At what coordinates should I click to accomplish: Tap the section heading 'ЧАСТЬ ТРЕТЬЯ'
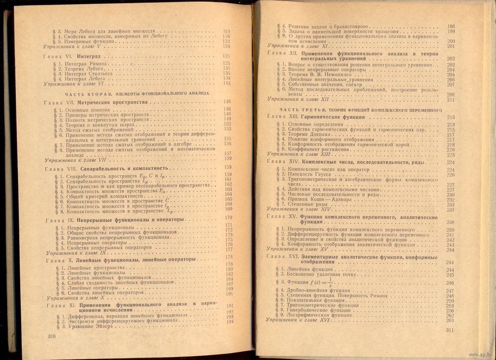click(x=297, y=109)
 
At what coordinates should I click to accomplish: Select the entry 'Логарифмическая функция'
click(x=327, y=315)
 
